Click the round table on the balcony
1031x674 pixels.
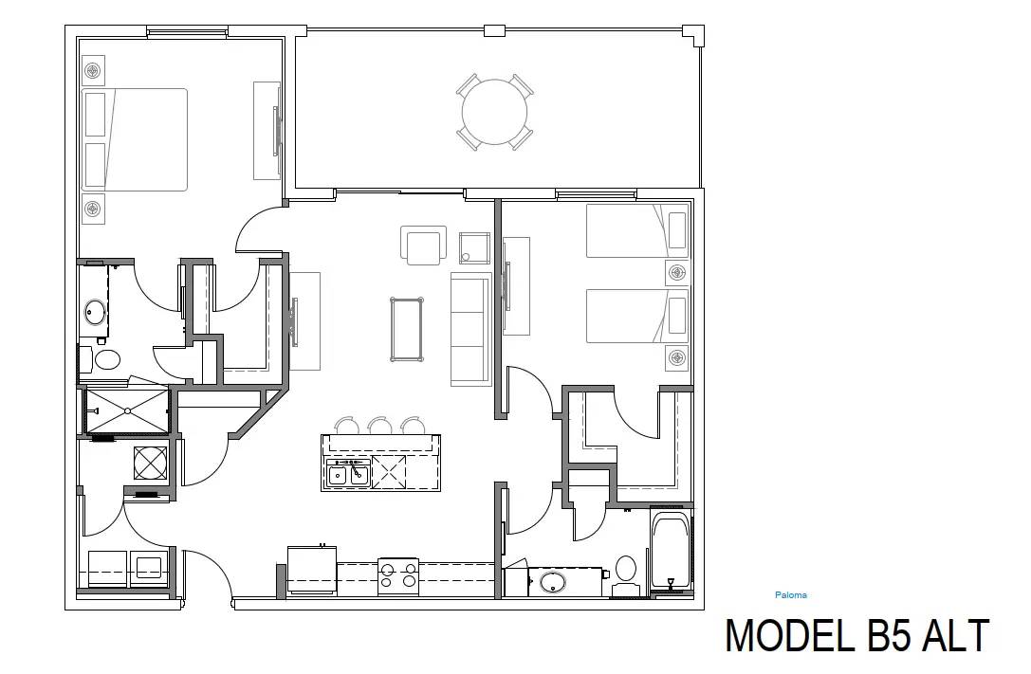[494, 112]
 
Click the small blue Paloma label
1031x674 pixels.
[790, 595]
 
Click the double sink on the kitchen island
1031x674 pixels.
[347, 472]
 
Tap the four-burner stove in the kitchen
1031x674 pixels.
[398, 575]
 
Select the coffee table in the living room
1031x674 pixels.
[407, 329]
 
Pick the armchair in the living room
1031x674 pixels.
[423, 246]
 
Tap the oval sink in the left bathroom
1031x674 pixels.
[96, 312]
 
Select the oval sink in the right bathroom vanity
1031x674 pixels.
[553, 581]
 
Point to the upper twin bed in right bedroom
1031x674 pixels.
[635, 230]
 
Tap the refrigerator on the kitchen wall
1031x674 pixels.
[312, 571]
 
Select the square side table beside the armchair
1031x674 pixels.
[473, 247]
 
